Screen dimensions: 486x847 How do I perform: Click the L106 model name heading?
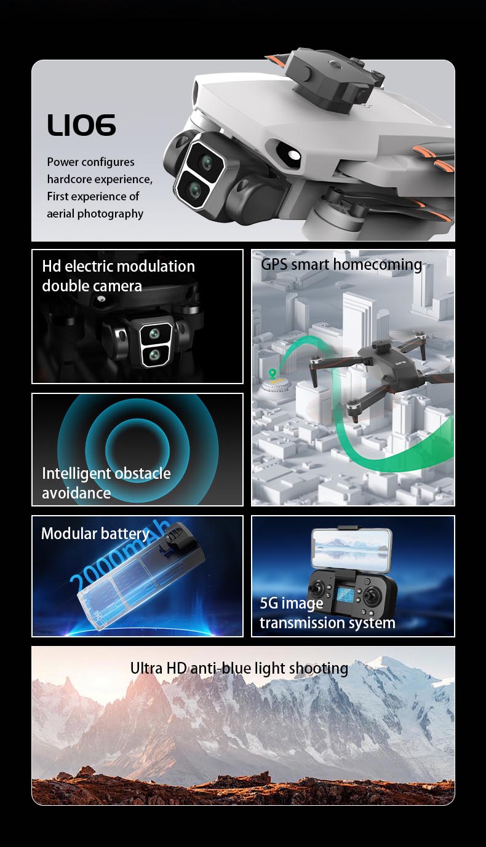(81, 125)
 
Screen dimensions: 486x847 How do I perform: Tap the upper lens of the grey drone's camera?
(207, 162)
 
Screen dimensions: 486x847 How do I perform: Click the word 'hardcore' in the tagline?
(66, 179)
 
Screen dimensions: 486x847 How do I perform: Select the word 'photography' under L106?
(110, 214)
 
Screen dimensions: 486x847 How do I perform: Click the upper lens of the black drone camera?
(154, 334)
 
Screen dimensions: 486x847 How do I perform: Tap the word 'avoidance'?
(76, 493)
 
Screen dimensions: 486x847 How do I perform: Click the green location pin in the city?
(272, 373)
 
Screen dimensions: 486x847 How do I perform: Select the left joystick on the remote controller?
(316, 588)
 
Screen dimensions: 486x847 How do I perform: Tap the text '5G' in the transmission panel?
(269, 603)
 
